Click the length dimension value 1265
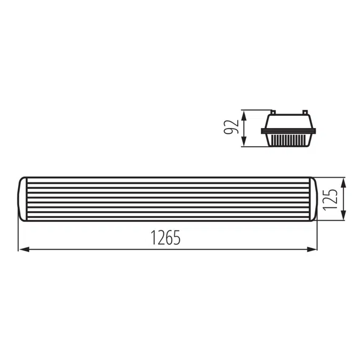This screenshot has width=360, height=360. click(165, 237)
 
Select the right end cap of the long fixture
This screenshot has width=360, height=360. click(313, 198)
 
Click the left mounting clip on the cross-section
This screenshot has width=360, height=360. click(273, 113)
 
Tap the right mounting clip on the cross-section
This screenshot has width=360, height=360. click(305, 113)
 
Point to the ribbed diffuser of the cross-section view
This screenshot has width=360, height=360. click(289, 140)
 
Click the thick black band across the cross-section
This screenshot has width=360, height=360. click(289, 130)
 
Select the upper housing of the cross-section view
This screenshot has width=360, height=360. click(289, 121)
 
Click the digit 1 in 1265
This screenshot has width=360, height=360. click(153, 237)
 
